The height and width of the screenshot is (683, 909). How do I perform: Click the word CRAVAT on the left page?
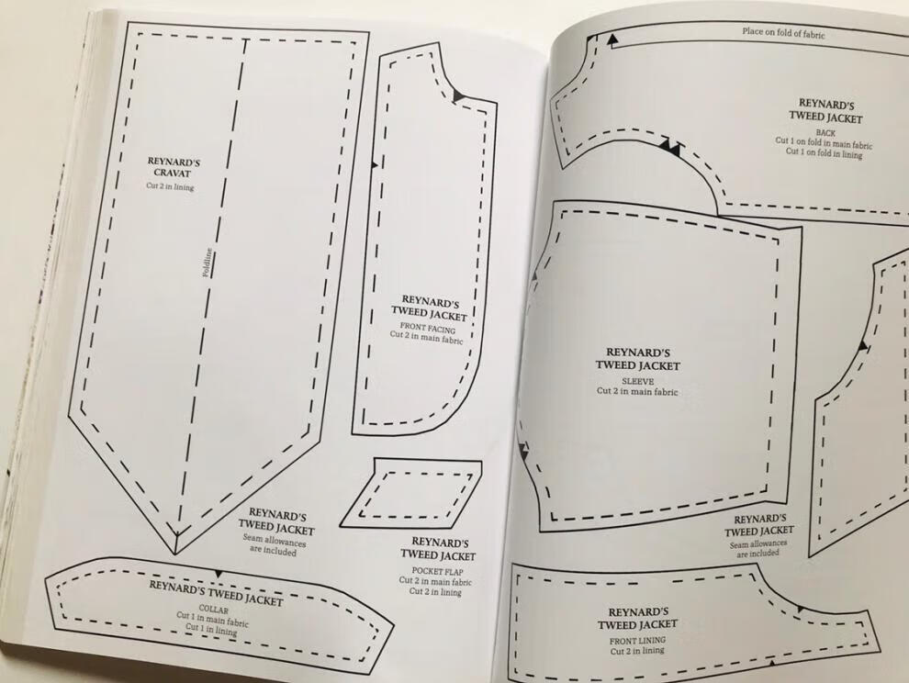[174, 174]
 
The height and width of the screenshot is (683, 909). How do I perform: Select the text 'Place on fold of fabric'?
[783, 33]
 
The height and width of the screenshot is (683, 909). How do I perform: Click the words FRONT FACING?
[428, 327]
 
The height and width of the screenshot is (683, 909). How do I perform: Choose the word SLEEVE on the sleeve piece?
[636, 380]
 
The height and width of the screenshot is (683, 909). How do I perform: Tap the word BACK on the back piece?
[826, 133]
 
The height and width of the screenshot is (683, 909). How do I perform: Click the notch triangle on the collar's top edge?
[218, 574]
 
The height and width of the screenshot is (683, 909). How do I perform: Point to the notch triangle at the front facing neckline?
[458, 96]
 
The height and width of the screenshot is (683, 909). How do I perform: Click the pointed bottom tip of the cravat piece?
[174, 551]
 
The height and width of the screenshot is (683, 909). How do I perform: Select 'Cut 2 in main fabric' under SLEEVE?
[637, 391]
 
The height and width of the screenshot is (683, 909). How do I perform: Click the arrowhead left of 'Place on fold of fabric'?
[611, 39]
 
